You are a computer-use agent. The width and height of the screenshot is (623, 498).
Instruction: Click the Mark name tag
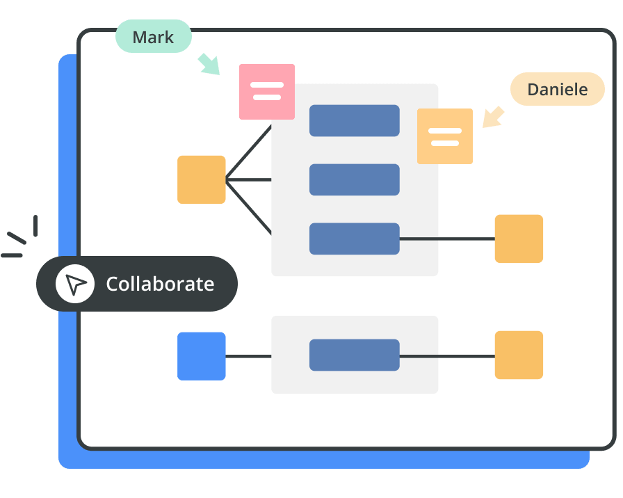[x=153, y=37]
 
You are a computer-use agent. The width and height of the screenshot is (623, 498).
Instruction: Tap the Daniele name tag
[x=557, y=89]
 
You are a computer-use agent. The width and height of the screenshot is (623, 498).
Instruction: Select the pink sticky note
[x=267, y=91]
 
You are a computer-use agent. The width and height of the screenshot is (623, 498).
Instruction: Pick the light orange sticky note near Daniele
[x=445, y=136]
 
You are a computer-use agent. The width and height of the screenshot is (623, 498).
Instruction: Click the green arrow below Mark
[x=208, y=63]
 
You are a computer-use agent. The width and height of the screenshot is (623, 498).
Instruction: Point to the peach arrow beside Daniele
[x=493, y=116]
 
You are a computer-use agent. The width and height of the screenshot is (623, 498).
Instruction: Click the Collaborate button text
[x=160, y=284]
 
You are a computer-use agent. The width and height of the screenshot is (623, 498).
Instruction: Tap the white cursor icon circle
[x=75, y=284]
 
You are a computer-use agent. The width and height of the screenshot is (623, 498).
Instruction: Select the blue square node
[x=202, y=356]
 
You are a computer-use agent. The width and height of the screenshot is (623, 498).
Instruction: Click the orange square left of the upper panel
[x=202, y=179]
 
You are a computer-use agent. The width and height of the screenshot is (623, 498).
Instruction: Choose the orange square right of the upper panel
[x=519, y=239]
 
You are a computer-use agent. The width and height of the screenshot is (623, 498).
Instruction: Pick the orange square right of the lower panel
[x=519, y=355]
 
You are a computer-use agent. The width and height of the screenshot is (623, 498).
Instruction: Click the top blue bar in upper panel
[x=355, y=120]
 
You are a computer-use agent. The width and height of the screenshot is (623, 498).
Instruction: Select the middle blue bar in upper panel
[x=355, y=179]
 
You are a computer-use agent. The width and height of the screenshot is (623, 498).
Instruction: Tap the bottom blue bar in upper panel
[x=355, y=239]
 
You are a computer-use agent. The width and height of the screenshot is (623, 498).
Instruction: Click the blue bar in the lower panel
[x=355, y=355]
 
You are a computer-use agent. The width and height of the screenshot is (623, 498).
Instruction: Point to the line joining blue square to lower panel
[x=248, y=357]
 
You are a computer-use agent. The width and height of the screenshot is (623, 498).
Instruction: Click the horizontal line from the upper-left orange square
[x=249, y=180]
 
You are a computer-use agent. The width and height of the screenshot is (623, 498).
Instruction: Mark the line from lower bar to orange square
[x=447, y=357]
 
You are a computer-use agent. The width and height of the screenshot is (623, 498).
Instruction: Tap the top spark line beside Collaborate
[x=35, y=225]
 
